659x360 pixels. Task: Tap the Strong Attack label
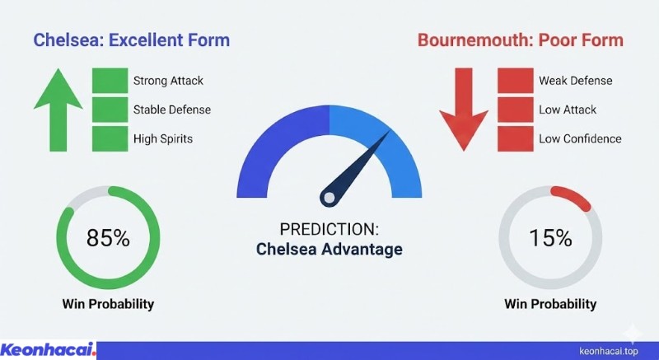168,81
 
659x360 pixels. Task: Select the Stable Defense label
171,110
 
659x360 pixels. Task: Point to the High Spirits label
163,138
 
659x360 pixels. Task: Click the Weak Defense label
576,81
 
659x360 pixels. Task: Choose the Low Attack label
568,110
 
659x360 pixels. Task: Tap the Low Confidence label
580,138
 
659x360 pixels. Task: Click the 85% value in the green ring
108,239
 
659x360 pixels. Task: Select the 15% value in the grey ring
550,239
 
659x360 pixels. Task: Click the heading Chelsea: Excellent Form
131,40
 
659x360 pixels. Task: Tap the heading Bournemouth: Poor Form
520,40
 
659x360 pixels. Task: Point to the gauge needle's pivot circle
329,197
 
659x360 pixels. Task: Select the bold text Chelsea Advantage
329,250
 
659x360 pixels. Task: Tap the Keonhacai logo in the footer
49,349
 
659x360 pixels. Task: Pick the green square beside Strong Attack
109,81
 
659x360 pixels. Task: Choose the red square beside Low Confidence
513,138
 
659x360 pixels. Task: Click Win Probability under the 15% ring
550,304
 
